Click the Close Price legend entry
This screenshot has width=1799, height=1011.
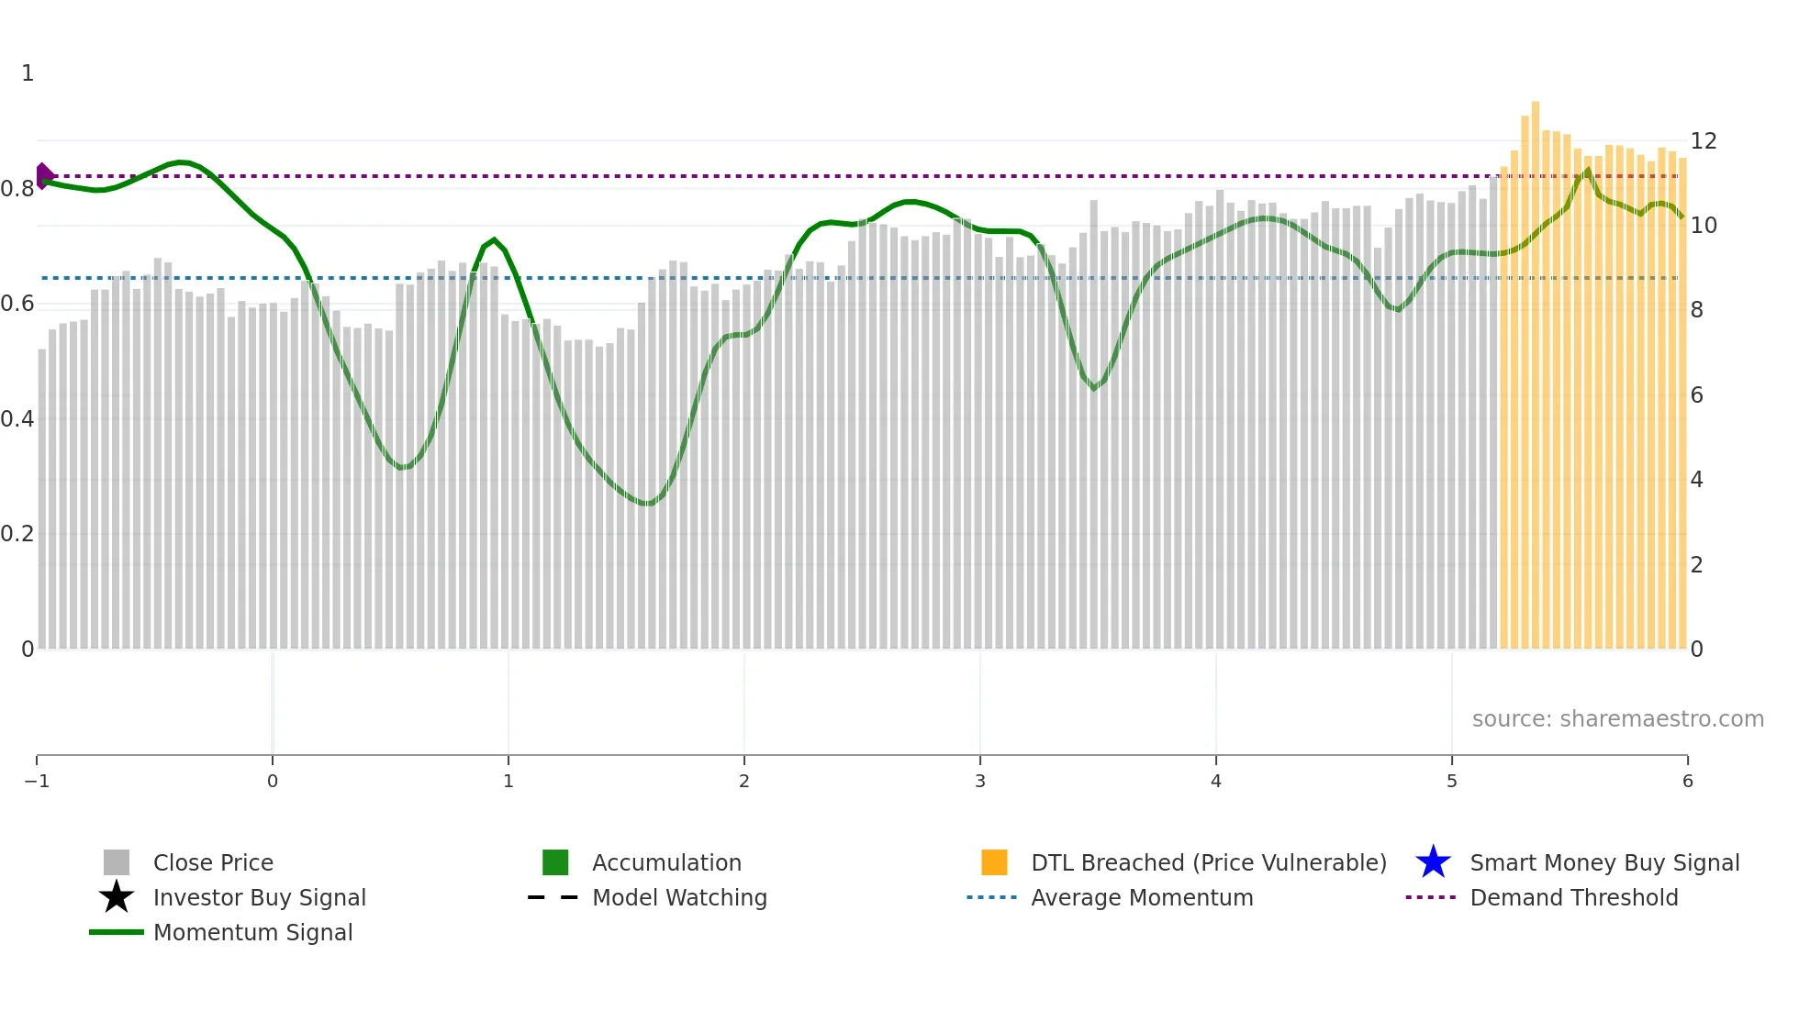(x=212, y=862)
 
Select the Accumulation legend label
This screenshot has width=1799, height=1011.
(x=666, y=862)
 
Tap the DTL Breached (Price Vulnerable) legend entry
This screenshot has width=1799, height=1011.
(x=1208, y=862)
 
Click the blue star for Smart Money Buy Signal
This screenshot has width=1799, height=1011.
(x=1433, y=862)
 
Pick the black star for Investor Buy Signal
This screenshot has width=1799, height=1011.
(x=117, y=897)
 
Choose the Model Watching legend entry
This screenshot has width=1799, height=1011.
(x=679, y=897)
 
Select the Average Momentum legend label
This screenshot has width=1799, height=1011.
(x=1142, y=897)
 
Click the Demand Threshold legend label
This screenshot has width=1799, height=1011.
(x=1573, y=897)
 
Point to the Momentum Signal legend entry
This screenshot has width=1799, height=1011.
(x=252, y=932)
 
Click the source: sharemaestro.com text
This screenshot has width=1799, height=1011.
(x=1617, y=719)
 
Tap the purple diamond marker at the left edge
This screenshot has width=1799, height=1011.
(x=44, y=175)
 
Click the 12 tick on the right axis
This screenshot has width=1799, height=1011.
(x=1704, y=141)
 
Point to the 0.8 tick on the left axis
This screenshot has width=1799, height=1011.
(x=17, y=189)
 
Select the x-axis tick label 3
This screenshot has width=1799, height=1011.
(x=980, y=782)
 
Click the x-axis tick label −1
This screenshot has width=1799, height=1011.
(x=37, y=782)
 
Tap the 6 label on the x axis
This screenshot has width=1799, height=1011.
(x=1687, y=782)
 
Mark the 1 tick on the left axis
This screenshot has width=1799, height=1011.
(x=28, y=73)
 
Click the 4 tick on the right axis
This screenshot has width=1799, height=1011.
(x=1697, y=480)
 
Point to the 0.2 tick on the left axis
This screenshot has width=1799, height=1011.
(x=17, y=534)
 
